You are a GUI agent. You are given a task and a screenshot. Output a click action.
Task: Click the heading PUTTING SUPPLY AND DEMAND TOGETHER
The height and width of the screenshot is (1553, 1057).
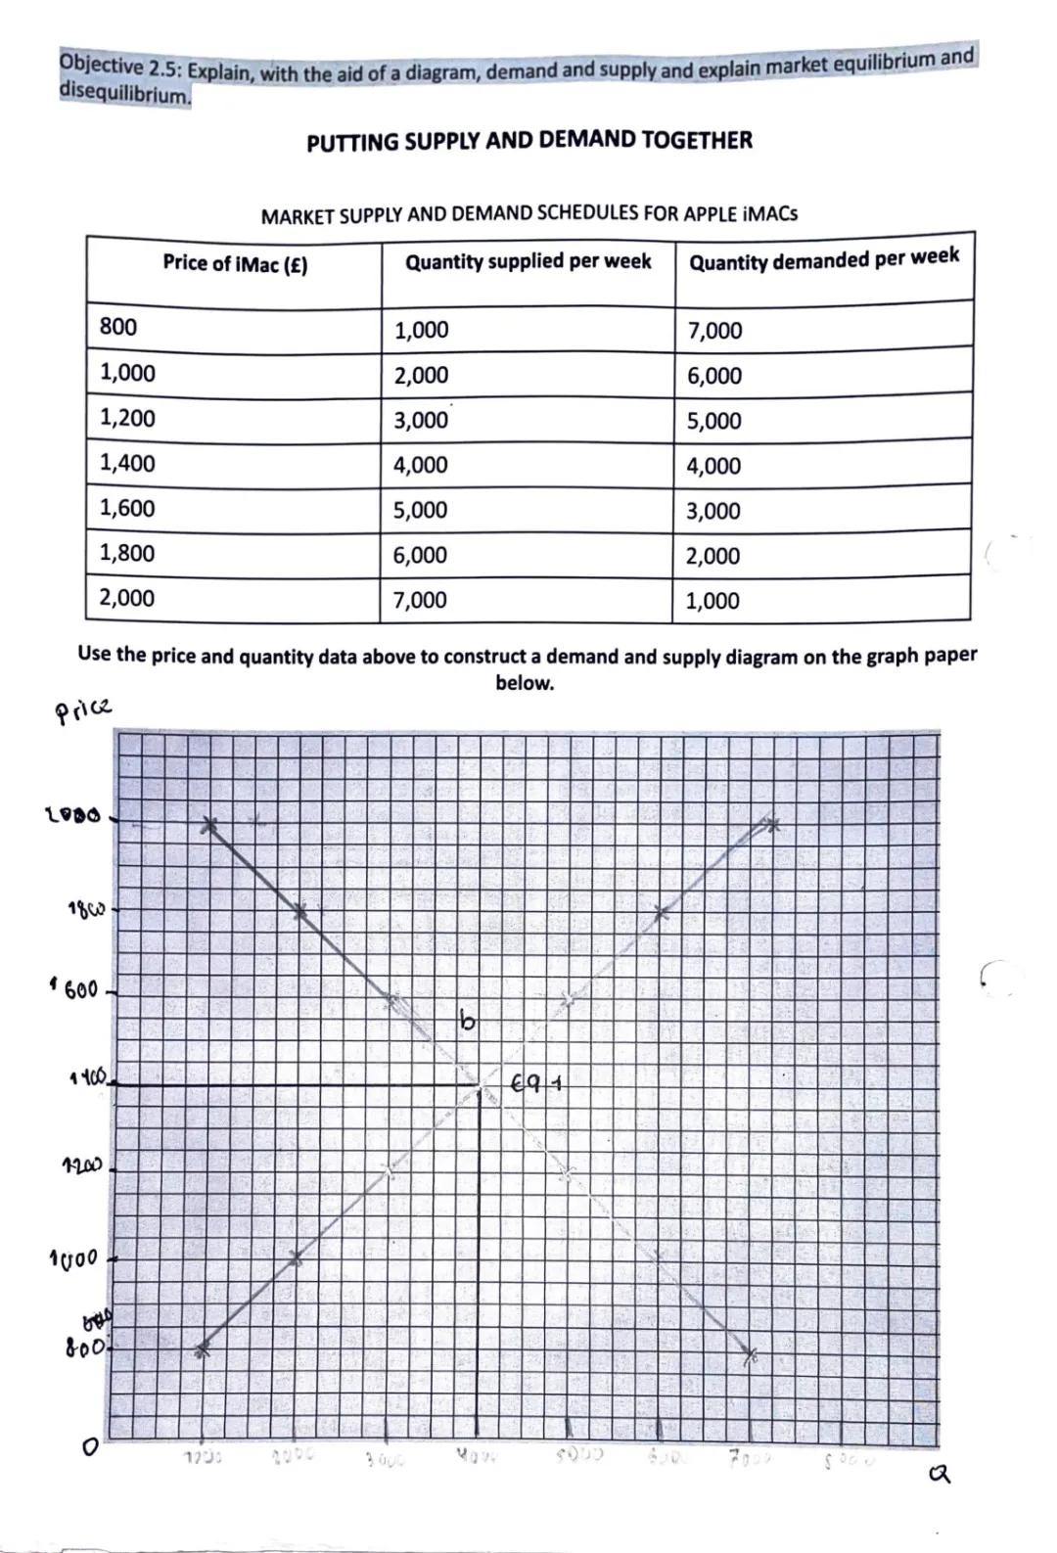pos(528,141)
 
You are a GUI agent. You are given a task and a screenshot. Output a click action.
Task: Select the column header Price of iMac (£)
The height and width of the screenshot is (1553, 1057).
pos(235,264)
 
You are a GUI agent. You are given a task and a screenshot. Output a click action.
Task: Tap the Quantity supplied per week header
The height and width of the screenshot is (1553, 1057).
pos(528,262)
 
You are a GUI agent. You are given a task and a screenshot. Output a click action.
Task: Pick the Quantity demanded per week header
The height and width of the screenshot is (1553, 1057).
pos(823,259)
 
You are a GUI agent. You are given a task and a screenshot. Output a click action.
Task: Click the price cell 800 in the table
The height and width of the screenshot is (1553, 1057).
pos(118,327)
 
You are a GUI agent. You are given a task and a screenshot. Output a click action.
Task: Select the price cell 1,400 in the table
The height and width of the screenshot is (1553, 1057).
pos(127,463)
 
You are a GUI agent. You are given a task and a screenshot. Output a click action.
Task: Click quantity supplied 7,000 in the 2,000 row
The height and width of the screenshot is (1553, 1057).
pos(420,600)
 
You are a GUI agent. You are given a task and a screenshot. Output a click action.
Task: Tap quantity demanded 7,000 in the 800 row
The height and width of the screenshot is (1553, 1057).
pos(714,331)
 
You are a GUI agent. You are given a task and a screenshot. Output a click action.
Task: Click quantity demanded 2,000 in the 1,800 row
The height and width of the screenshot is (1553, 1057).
pos(712,556)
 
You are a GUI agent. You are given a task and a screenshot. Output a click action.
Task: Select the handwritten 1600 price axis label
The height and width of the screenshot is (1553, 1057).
pos(74,990)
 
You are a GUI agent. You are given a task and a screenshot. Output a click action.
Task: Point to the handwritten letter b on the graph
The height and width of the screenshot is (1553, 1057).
pos(468,1022)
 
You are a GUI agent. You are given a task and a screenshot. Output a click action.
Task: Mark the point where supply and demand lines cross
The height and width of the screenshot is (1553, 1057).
pos(480,1086)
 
